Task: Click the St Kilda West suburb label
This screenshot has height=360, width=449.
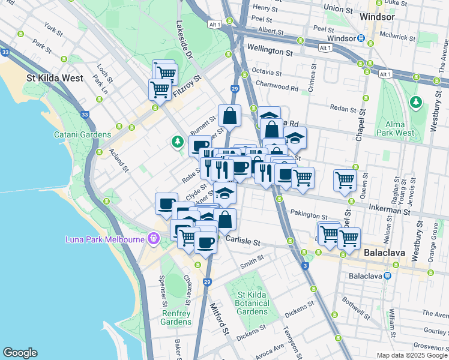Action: pyautogui.click(x=55, y=78)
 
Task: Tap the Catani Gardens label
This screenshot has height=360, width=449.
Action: pyautogui.click(x=82, y=135)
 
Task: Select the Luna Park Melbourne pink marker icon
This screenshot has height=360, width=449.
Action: pyautogui.click(x=154, y=239)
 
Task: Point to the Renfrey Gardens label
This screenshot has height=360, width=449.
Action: pyautogui.click(x=176, y=317)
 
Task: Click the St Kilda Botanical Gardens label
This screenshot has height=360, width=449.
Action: pyautogui.click(x=252, y=303)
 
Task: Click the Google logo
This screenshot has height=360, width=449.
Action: pyautogui.click(x=19, y=353)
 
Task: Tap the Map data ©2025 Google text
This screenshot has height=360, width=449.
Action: pyautogui.click(x=411, y=355)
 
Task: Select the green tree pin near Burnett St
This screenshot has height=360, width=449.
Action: pyautogui.click(x=176, y=142)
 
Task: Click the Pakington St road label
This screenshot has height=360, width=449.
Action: pyautogui.click(x=308, y=216)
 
